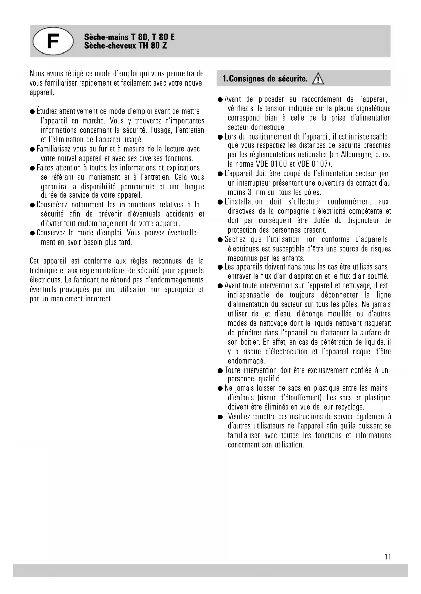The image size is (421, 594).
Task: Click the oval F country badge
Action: (x=53, y=41)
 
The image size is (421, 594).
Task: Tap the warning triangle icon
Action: (x=318, y=79)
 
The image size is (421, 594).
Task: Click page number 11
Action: (x=388, y=557)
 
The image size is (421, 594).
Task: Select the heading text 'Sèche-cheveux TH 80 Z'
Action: (x=125, y=46)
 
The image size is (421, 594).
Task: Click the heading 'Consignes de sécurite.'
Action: (x=265, y=79)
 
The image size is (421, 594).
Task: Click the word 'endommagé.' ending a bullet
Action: (x=246, y=361)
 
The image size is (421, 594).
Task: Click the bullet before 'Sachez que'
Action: (x=220, y=240)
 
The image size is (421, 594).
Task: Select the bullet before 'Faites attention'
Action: (x=32, y=168)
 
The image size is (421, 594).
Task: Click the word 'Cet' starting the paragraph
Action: (x=34, y=261)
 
